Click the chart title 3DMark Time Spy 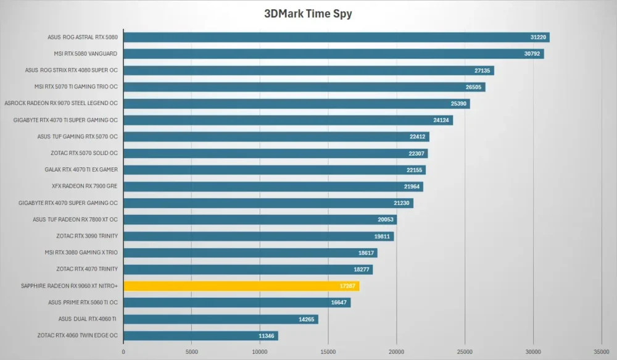coord(308,14)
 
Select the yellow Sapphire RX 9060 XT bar coord(241,286)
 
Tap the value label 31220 coord(538,38)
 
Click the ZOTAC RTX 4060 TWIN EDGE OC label coord(78,335)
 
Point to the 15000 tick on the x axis coord(328,352)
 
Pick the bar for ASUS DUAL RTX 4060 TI coord(221,319)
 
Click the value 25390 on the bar coord(458,104)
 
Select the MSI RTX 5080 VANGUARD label coord(85,54)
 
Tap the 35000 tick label coord(601,352)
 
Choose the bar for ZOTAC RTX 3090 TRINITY coord(259,237)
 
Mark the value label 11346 coord(267,336)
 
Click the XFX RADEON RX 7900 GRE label coord(85,186)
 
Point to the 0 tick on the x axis coord(123,352)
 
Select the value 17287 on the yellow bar coord(347,286)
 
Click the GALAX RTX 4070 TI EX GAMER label coord(81,169)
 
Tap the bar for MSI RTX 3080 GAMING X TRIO coord(251,253)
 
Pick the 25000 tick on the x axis coord(465,352)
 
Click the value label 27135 coord(482,70)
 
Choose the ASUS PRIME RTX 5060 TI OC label coord(83,302)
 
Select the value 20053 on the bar coord(386,219)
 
